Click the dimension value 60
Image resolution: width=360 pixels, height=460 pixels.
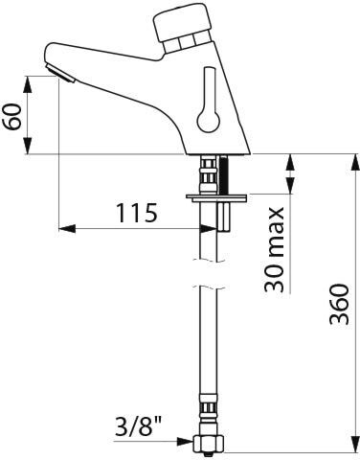(x=14, y=117)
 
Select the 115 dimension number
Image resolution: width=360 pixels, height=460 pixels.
(x=137, y=213)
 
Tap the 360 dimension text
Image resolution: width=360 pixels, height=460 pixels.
(x=339, y=304)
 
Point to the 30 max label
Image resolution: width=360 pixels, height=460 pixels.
(x=274, y=250)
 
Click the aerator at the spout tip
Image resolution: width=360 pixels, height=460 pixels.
(x=60, y=74)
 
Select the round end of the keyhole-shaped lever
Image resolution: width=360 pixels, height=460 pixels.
(x=209, y=121)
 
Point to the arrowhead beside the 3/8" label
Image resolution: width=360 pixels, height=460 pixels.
(x=185, y=442)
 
